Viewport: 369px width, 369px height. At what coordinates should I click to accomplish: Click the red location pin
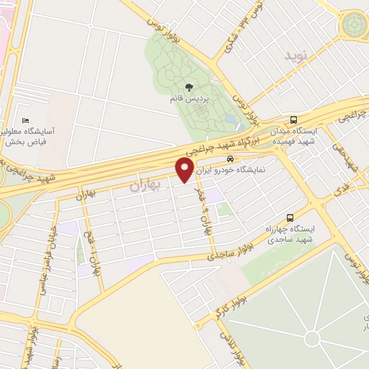[x=185, y=170]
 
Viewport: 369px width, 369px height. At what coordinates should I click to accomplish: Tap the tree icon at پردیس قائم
[x=189, y=86]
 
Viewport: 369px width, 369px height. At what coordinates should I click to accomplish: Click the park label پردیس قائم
[x=189, y=100]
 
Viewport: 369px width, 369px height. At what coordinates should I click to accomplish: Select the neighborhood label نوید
[x=296, y=56]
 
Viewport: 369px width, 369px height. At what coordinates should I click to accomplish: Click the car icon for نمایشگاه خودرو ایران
[x=229, y=159]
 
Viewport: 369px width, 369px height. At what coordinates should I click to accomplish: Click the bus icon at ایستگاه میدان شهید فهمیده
[x=293, y=120]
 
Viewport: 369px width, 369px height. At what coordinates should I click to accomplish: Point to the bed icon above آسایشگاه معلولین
[x=27, y=120]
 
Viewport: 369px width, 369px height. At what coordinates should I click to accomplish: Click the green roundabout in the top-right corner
[x=355, y=26]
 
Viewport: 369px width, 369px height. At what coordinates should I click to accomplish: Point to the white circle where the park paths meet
[x=311, y=339]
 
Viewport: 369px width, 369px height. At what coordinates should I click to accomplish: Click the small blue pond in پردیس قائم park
[x=230, y=118]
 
